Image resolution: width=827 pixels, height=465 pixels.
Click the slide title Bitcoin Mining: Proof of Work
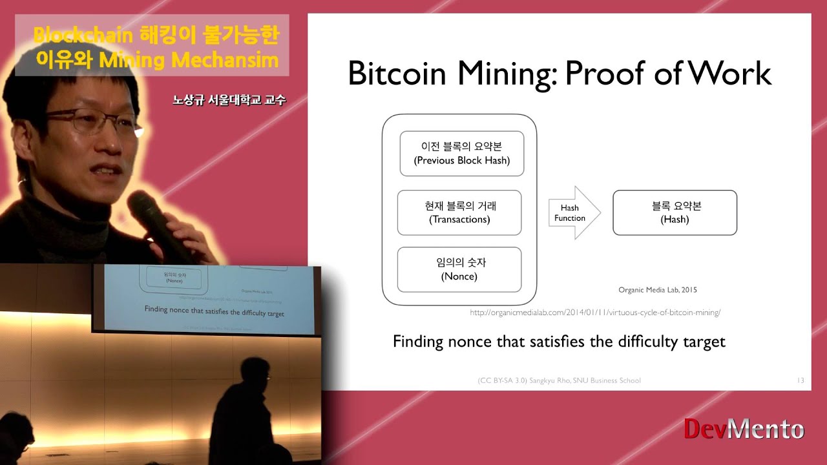coord(560,74)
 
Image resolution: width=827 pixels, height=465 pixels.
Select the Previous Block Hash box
coord(461,154)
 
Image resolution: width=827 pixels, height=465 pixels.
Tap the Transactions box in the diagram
coord(459,212)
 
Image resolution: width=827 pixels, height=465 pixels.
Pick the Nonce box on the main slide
coord(459,269)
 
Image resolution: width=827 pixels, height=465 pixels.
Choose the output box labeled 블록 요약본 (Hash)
coord(675,212)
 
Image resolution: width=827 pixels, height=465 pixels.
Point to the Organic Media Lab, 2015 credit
coord(658,290)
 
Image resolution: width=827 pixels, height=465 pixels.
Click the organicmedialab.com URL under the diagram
coord(595,313)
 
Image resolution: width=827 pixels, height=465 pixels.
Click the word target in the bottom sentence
coord(704,342)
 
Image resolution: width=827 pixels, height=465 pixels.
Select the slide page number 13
coord(801,380)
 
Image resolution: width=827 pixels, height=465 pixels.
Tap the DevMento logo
coord(744,429)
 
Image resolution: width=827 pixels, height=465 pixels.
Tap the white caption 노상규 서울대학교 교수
coord(229,101)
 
